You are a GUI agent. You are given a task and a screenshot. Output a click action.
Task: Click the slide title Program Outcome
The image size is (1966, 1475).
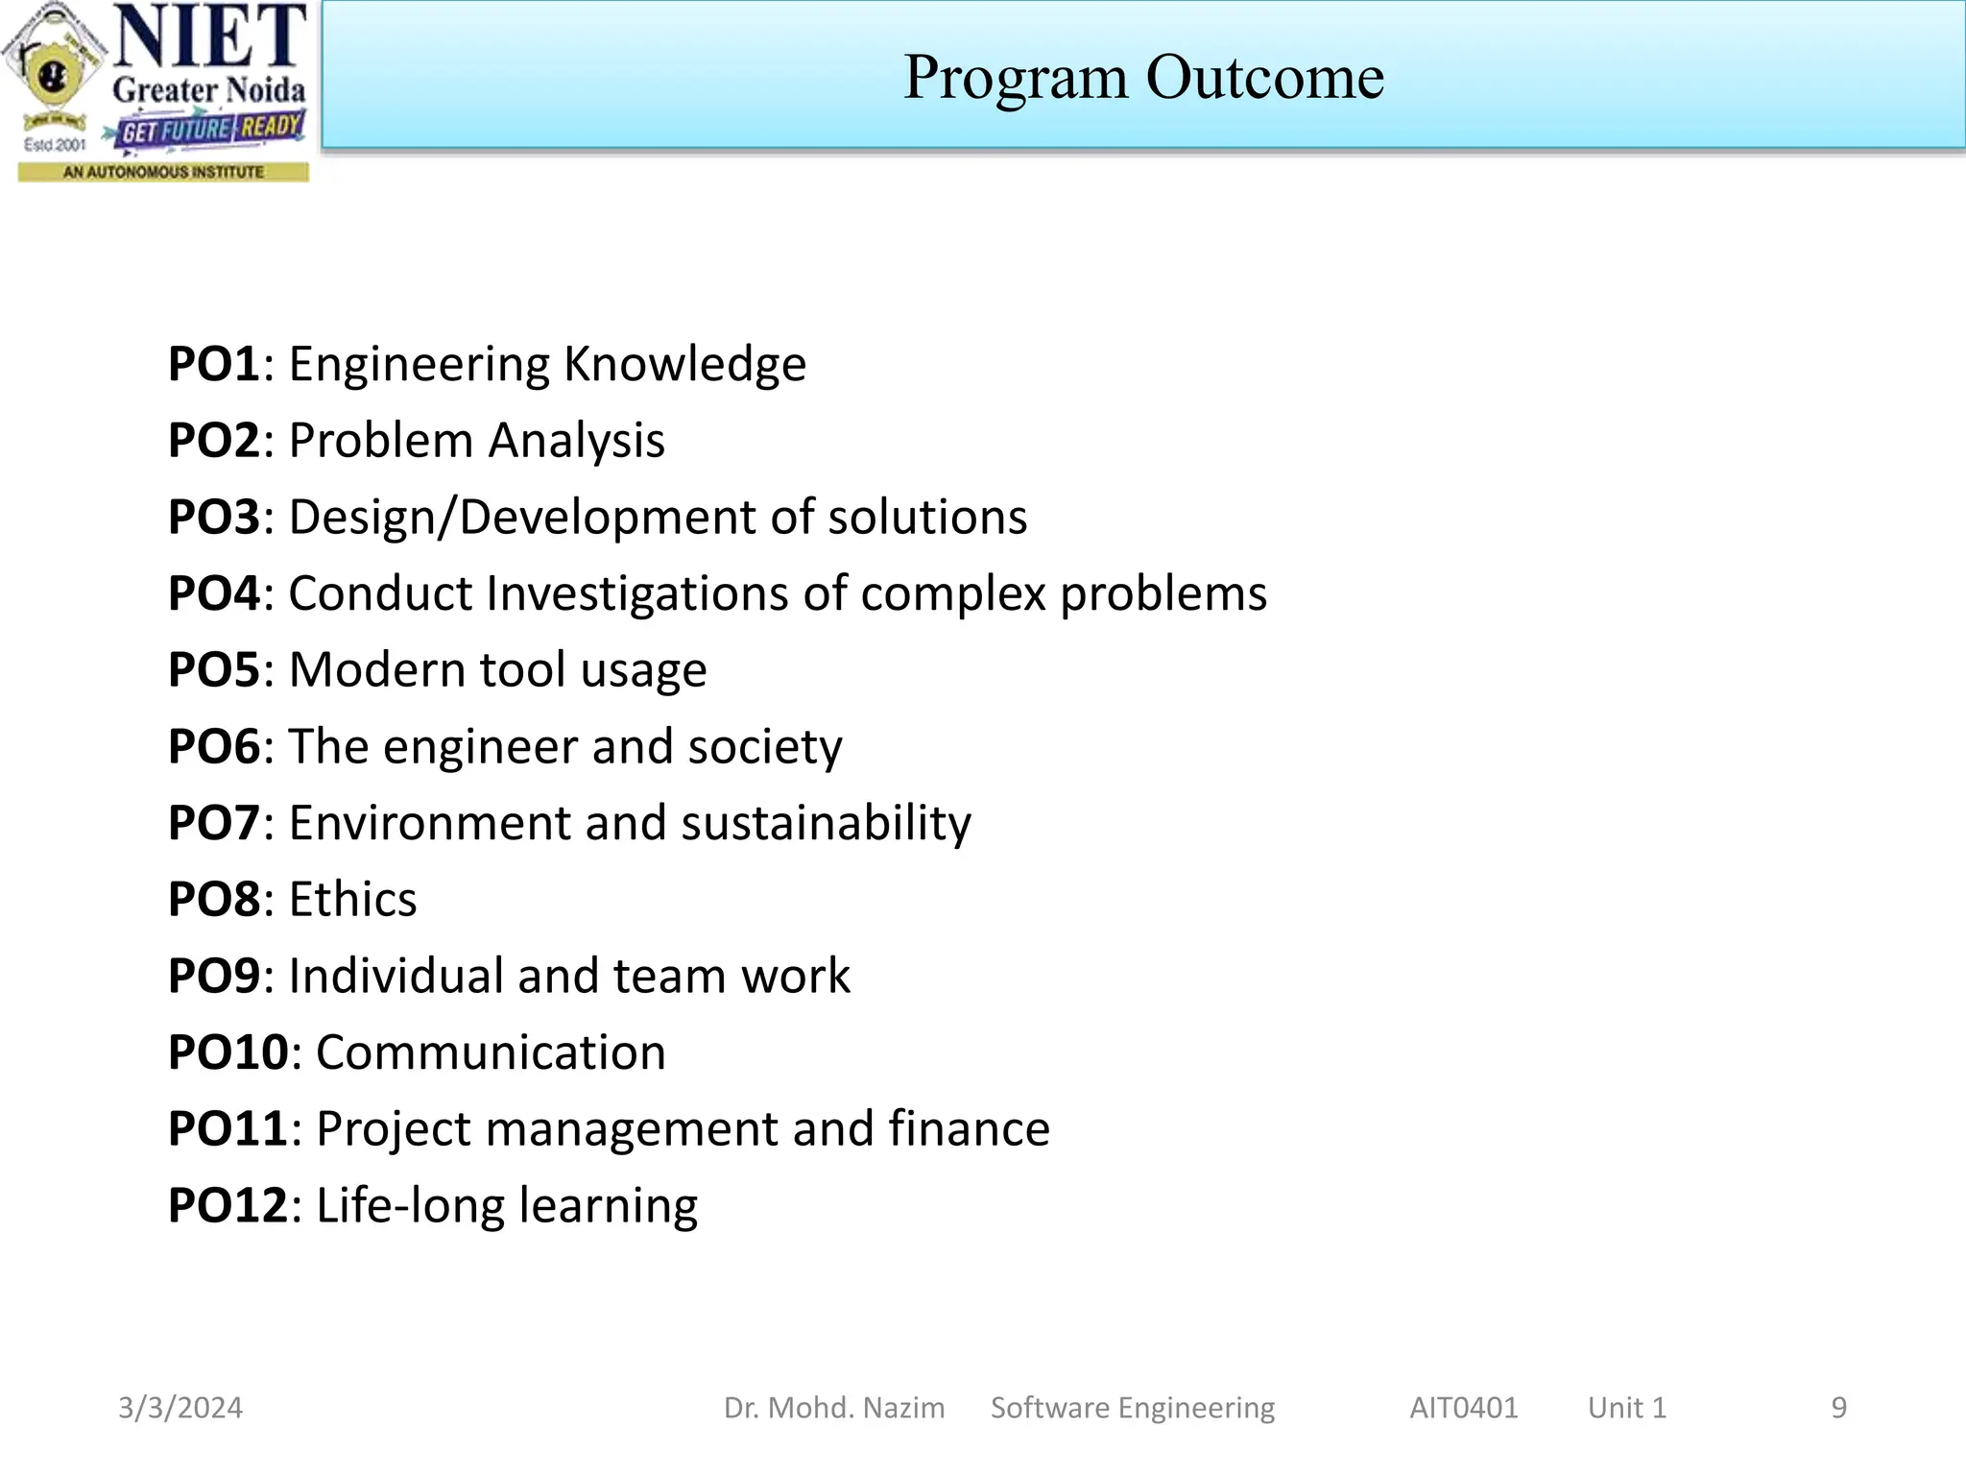click(x=1143, y=77)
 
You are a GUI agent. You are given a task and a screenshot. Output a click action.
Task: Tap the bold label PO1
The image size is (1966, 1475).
click(x=213, y=364)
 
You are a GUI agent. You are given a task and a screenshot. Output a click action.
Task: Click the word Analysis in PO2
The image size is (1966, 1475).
click(x=576, y=441)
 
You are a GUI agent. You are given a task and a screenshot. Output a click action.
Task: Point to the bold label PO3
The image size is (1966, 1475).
click(x=213, y=517)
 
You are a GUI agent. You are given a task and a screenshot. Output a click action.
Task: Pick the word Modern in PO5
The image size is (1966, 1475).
click(x=376, y=669)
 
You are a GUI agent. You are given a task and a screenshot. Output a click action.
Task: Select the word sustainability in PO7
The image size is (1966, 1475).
click(x=826, y=823)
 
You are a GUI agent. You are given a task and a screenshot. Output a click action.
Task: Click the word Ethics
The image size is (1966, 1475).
click(x=352, y=900)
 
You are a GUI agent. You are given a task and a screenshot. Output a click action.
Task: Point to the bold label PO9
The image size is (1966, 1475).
click(x=213, y=976)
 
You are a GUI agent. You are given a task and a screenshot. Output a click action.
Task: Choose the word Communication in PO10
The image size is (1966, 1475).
click(x=491, y=1052)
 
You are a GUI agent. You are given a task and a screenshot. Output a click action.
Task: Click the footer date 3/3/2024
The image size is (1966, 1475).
click(x=180, y=1408)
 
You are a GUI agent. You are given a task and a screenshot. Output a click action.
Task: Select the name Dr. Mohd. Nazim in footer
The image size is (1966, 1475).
click(x=834, y=1408)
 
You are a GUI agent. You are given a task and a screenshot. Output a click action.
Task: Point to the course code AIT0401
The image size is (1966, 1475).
click(x=1463, y=1408)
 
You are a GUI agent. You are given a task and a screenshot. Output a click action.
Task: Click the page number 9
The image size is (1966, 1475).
click(x=1838, y=1408)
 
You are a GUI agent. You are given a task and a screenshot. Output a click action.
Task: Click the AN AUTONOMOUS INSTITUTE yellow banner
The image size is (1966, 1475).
click(x=163, y=172)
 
